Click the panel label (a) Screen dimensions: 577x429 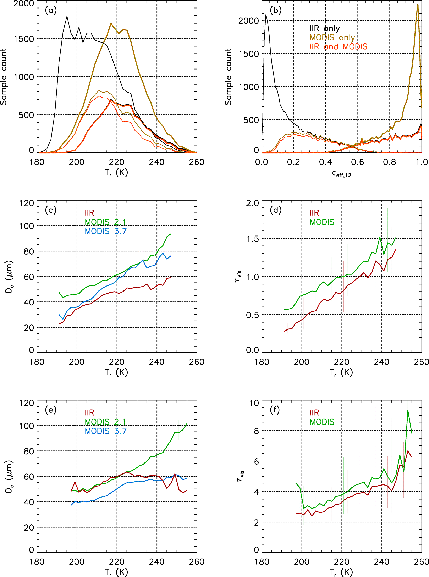coord(50,11)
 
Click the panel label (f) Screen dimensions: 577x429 coord(275,410)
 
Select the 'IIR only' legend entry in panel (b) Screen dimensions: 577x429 coord(324,29)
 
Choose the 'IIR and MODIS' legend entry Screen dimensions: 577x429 coord(338,47)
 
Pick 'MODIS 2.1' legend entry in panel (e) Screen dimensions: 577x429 coord(105,422)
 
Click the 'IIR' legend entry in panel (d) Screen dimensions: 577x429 coord(314,213)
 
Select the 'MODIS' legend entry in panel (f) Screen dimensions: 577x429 coord(322,422)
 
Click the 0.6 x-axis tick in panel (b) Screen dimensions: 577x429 coord(358,162)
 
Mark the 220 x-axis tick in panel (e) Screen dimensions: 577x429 coord(117,562)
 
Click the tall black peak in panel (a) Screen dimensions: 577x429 coord(67,17)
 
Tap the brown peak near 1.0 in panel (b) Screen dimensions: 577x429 coord(418,5)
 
